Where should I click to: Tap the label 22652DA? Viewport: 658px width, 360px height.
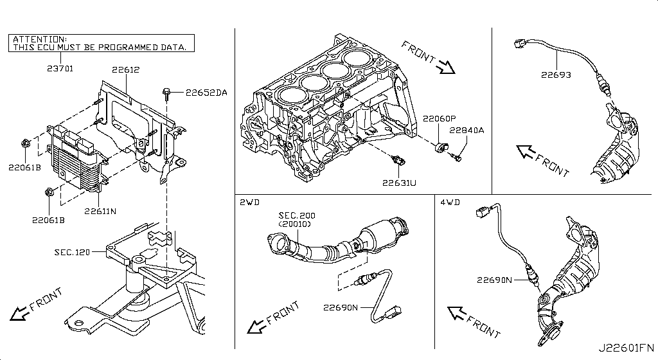click(206, 93)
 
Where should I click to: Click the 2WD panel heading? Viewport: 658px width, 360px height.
click(249, 202)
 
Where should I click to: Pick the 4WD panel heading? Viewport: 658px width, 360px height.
click(450, 202)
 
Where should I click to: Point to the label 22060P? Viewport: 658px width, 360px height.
click(439, 118)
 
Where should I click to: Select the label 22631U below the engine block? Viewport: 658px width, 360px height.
click(399, 183)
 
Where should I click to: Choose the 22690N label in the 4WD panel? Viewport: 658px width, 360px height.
click(494, 280)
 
